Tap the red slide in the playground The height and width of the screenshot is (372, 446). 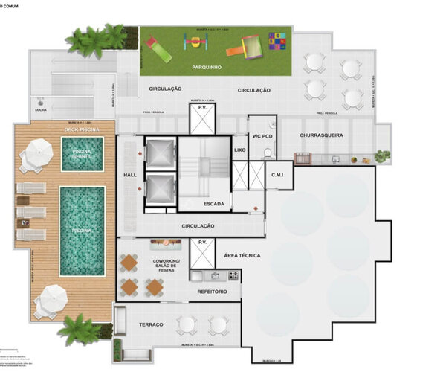click(159, 50)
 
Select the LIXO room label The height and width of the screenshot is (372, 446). click(239, 150)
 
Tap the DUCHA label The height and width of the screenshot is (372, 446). click(41, 112)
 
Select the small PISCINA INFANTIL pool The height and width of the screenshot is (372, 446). click(81, 154)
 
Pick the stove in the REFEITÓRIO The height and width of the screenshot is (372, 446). click(233, 275)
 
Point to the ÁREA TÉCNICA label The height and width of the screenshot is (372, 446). click(242, 255)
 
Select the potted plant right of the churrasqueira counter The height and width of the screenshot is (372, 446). click(382, 156)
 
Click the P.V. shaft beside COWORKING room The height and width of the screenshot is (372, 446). click(201, 253)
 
